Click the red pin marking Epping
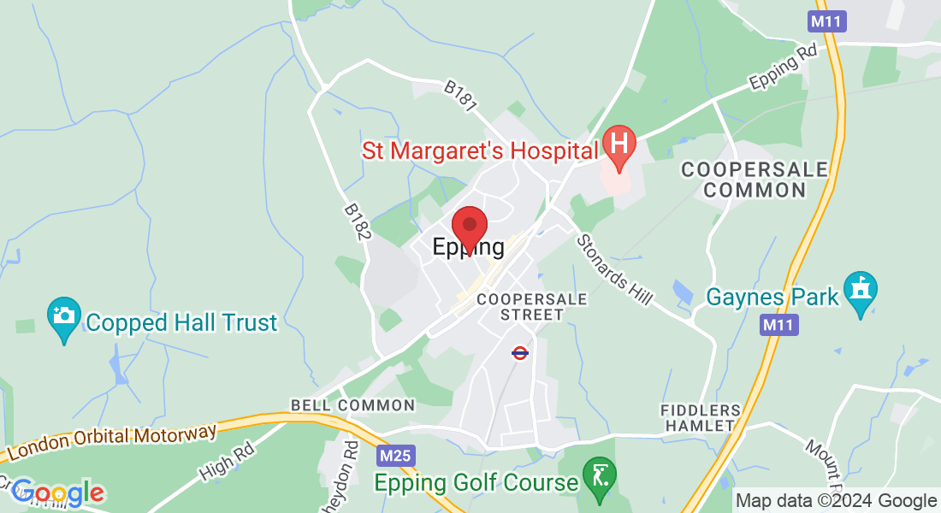469,227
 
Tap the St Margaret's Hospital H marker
618,144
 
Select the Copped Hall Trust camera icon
64,318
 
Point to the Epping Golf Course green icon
599,476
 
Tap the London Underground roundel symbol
519,352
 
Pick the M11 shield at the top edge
826,21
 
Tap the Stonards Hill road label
614,268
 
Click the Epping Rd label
784,68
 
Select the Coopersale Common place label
755,180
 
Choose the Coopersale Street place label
532,307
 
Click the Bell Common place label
352,405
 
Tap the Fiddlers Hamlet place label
701,418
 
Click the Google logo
57,492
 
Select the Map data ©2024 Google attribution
837,501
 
